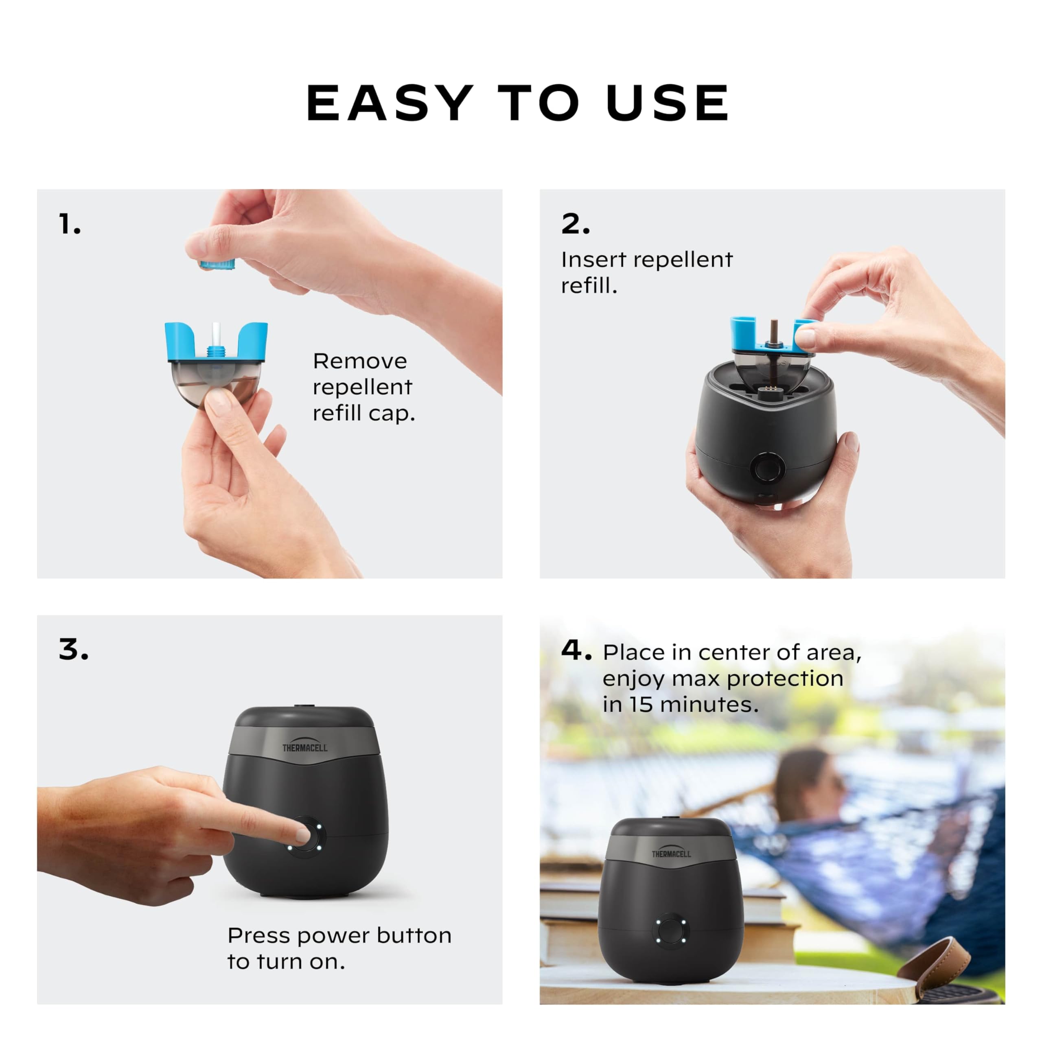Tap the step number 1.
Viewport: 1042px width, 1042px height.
(69, 224)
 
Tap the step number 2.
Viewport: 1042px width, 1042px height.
(575, 224)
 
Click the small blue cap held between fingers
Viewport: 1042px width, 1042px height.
(218, 264)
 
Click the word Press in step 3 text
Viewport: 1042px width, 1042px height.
(259, 936)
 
